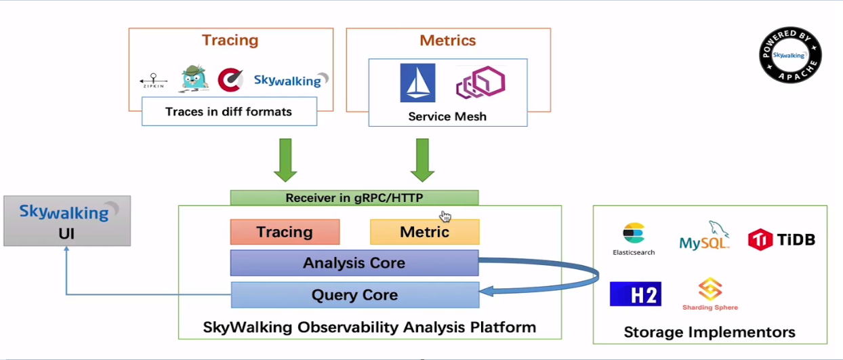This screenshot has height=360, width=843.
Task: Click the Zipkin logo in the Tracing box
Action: (x=154, y=81)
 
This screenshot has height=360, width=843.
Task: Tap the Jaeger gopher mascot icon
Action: (x=194, y=79)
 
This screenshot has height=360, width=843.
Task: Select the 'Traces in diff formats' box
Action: (x=229, y=111)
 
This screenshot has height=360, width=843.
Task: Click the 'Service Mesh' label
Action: (x=447, y=117)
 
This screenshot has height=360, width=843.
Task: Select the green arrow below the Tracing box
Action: (x=285, y=160)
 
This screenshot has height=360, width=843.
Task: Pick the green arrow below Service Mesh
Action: (x=422, y=160)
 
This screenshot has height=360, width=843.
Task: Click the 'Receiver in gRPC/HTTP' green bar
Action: (x=354, y=198)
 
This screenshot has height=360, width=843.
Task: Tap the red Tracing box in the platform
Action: (x=285, y=232)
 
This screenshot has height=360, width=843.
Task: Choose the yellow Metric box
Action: (x=424, y=232)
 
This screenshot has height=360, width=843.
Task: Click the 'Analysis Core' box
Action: (x=354, y=263)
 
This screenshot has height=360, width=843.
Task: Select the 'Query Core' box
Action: (x=354, y=296)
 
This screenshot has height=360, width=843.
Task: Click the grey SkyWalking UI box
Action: (x=67, y=221)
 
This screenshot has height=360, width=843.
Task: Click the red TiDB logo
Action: (x=781, y=239)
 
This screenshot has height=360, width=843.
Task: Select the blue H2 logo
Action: (x=635, y=294)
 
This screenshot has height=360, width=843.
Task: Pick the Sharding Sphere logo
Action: (x=710, y=294)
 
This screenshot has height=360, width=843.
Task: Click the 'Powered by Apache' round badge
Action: (x=790, y=56)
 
